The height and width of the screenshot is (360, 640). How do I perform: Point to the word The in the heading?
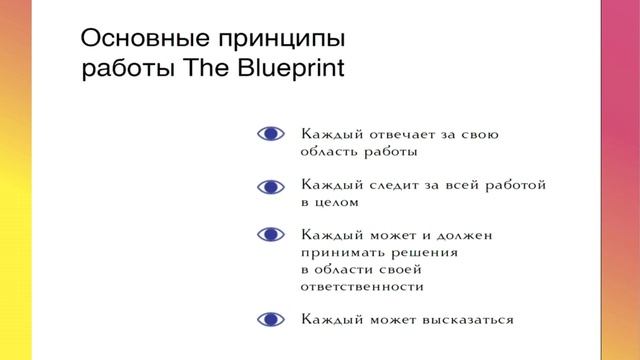click(202, 70)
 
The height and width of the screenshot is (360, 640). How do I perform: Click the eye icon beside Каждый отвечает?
click(270, 133)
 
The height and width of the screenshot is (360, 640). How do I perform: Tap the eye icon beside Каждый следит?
click(270, 186)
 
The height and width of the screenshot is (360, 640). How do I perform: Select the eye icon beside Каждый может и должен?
click(270, 234)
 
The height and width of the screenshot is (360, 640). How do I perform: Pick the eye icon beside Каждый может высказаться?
click(270, 320)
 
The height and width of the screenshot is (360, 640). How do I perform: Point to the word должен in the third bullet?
click(492, 234)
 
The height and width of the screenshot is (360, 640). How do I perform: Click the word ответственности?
click(361, 286)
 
